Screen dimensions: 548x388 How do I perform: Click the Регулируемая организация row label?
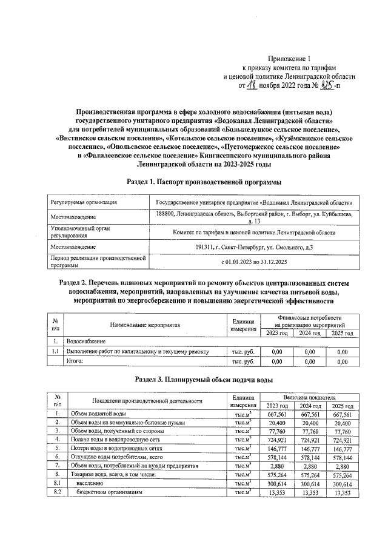[84, 202]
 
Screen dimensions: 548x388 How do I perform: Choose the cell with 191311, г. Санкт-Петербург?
[258, 247]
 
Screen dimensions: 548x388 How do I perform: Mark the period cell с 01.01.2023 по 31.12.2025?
[258, 262]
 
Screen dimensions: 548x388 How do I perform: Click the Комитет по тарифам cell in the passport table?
[258, 233]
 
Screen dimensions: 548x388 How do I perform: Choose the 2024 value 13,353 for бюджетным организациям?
[310, 493]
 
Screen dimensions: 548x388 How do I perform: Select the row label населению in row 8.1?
[90, 483]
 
